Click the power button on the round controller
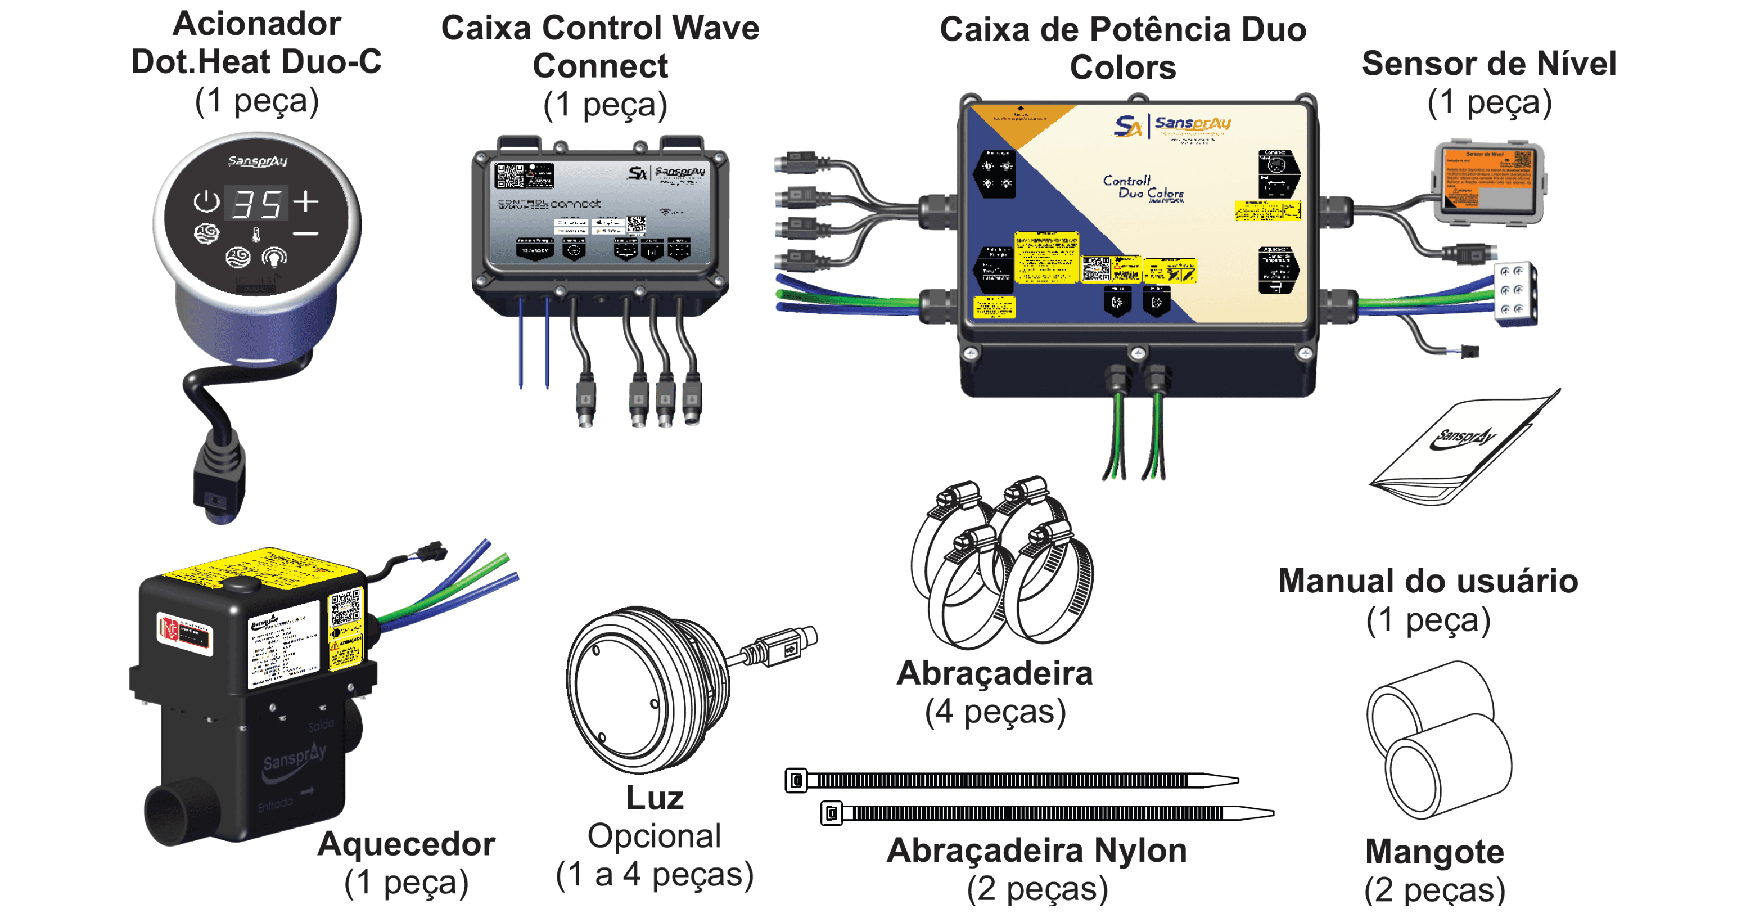[206, 201]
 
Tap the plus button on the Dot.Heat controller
[306, 201]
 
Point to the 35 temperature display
[257, 204]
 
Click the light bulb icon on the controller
[274, 257]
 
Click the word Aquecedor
[406, 844]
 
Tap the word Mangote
[1434, 852]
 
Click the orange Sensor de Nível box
[1489, 181]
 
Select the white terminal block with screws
[1515, 293]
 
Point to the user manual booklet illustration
[1464, 447]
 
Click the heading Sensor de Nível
[1488, 64]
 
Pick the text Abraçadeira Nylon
[1036, 850]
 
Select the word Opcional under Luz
[654, 836]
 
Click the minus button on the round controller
[306, 234]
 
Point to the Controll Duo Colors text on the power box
[1142, 187]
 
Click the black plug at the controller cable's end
[218, 489]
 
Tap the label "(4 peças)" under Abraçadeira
[995, 711]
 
